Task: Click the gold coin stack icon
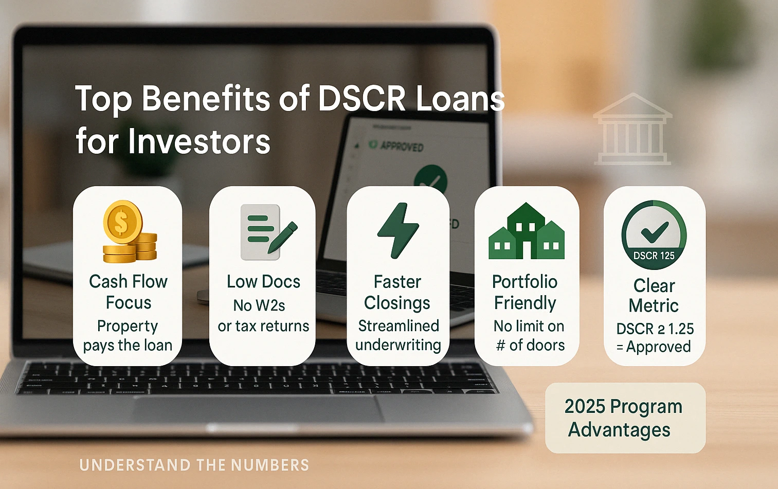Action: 129,231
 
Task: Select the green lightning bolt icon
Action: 398,230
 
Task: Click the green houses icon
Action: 526,231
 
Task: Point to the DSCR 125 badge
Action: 654,235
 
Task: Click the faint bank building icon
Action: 632,130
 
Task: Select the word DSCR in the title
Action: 361,98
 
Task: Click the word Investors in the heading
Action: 199,141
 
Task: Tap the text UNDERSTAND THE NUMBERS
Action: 194,465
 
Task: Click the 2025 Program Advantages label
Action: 624,418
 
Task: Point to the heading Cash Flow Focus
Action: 128,292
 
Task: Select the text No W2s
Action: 259,305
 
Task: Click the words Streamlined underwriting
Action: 398,335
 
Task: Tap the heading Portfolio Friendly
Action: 525,292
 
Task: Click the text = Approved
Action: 654,347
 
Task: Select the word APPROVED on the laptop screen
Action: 401,147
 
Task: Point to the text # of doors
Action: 530,346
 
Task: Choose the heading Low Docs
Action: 263,282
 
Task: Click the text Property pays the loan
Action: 128,335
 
